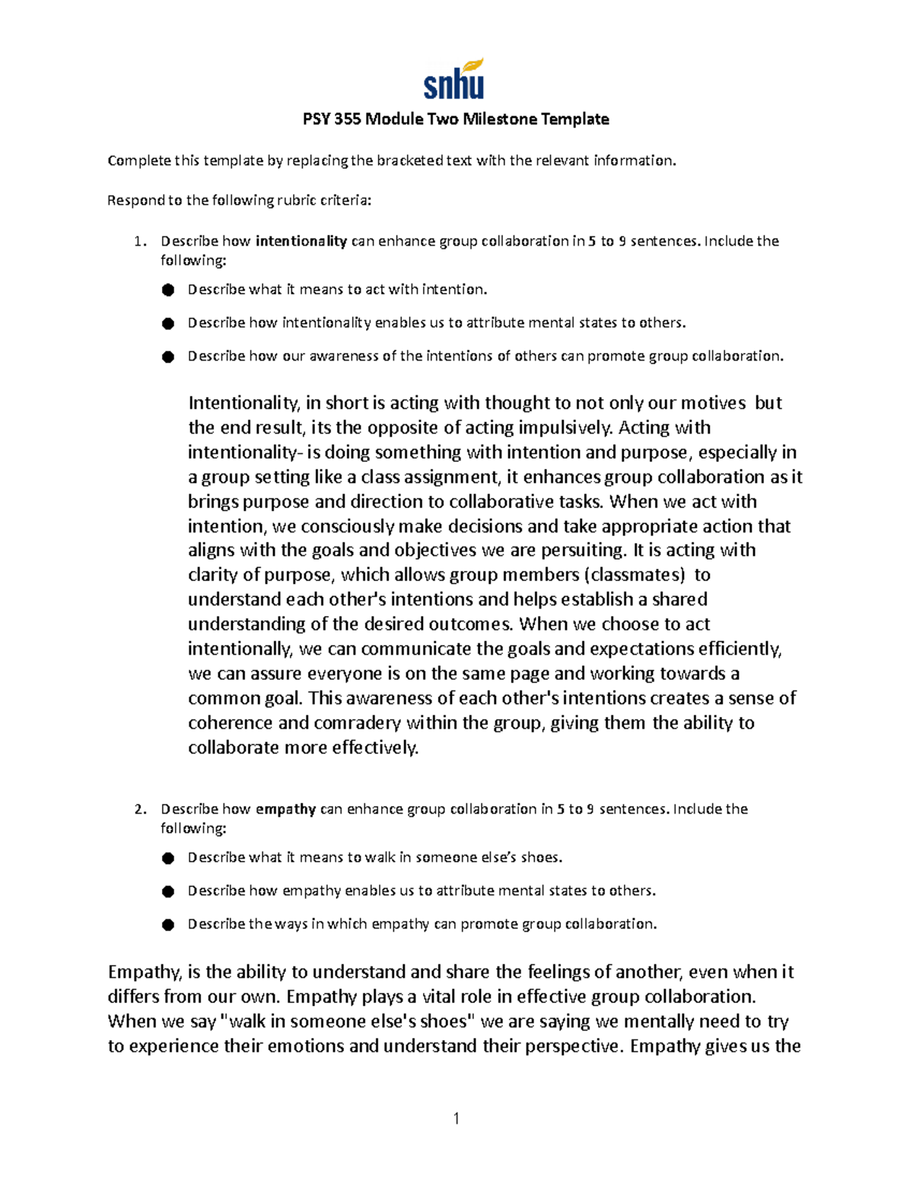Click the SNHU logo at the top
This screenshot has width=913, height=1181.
454,80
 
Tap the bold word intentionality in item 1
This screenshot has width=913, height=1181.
301,242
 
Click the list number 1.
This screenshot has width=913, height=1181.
138,242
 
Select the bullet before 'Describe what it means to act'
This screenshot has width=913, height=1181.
167,290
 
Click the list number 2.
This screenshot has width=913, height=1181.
138,809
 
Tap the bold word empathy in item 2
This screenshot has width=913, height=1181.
285,809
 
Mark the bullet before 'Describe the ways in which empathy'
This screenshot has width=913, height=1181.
167,925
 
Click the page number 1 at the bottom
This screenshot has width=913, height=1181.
456,1118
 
